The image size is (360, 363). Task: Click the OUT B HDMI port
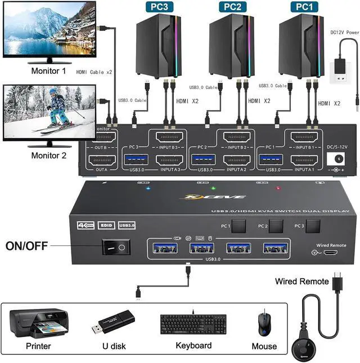click(101, 138)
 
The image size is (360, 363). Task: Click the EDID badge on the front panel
click(106, 226)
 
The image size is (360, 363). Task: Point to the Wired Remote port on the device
click(328, 253)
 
